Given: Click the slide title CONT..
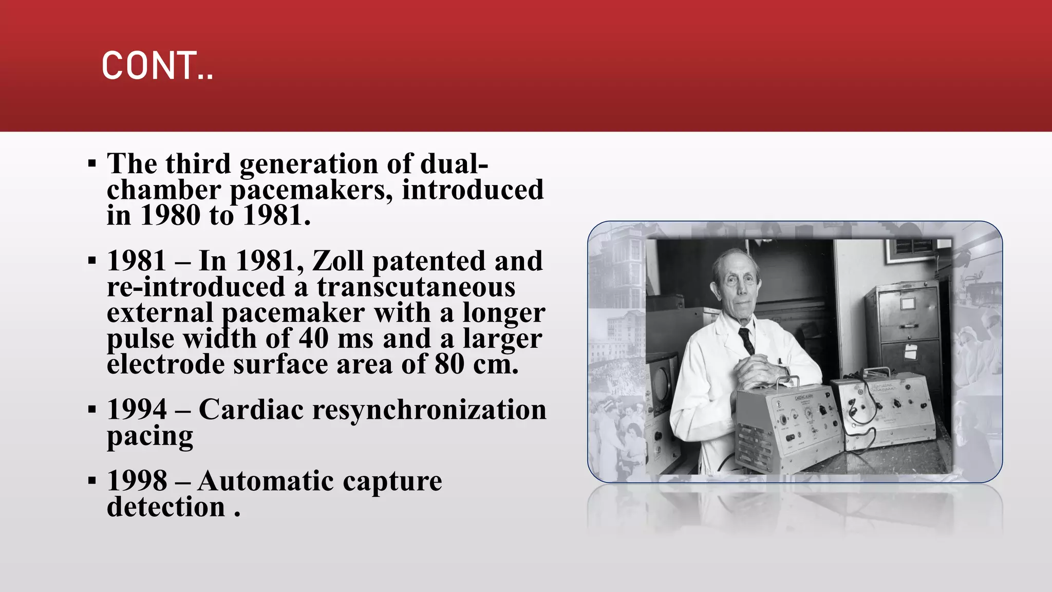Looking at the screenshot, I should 157,66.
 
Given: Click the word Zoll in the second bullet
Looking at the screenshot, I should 338,261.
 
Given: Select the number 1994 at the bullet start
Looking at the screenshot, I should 137,410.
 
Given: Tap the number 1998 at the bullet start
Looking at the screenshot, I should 137,481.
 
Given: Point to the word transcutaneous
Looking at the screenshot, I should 416,287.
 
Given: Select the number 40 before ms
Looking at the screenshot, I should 313,338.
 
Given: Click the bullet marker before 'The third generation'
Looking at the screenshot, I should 92,164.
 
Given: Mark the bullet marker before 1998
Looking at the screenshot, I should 92,482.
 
